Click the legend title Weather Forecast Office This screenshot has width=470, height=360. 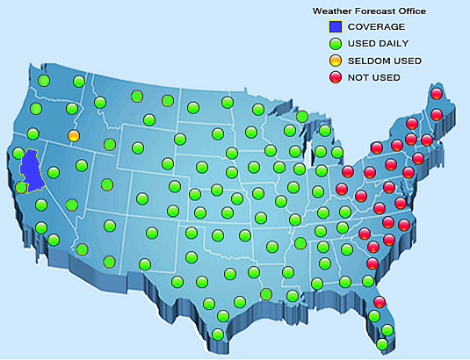click(369, 11)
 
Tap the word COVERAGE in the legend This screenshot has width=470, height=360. click(376, 27)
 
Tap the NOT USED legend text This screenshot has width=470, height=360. click(374, 77)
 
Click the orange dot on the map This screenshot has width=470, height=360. click(74, 136)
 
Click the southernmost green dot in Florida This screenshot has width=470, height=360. click(382, 344)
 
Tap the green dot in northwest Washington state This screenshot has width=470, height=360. click(42, 82)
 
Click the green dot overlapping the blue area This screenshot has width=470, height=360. click(21, 187)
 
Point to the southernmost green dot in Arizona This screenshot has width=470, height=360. click(109, 261)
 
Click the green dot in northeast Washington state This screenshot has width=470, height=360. click(79, 82)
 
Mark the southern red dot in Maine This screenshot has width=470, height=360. click(436, 114)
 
